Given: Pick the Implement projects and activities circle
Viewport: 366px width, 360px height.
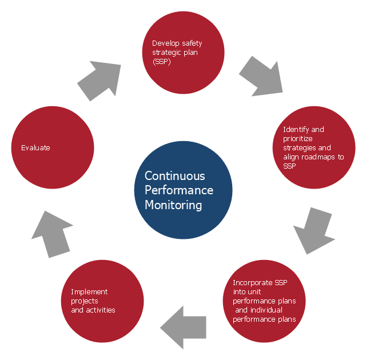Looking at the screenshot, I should click(x=102, y=301).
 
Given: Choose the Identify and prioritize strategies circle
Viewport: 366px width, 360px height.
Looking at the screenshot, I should click(x=313, y=147).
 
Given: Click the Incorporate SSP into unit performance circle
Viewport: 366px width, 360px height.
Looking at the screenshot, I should click(x=264, y=301).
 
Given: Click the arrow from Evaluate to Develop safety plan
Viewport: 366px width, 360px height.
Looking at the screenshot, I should click(x=100, y=80).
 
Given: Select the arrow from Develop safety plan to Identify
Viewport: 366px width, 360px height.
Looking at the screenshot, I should click(x=261, y=76).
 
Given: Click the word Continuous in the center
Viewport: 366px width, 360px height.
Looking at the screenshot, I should click(x=174, y=176).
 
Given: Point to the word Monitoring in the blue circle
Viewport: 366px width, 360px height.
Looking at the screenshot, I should click(x=173, y=205).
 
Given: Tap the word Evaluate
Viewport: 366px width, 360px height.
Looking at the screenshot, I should click(x=35, y=147).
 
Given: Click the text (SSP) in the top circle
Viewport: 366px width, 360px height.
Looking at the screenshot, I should click(x=161, y=61).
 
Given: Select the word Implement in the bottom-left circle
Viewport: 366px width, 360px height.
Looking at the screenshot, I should click(x=89, y=291).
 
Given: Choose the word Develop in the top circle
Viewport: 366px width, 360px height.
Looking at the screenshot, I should click(x=165, y=43).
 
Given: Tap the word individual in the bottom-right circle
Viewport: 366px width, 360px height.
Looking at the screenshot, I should click(x=266, y=310).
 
